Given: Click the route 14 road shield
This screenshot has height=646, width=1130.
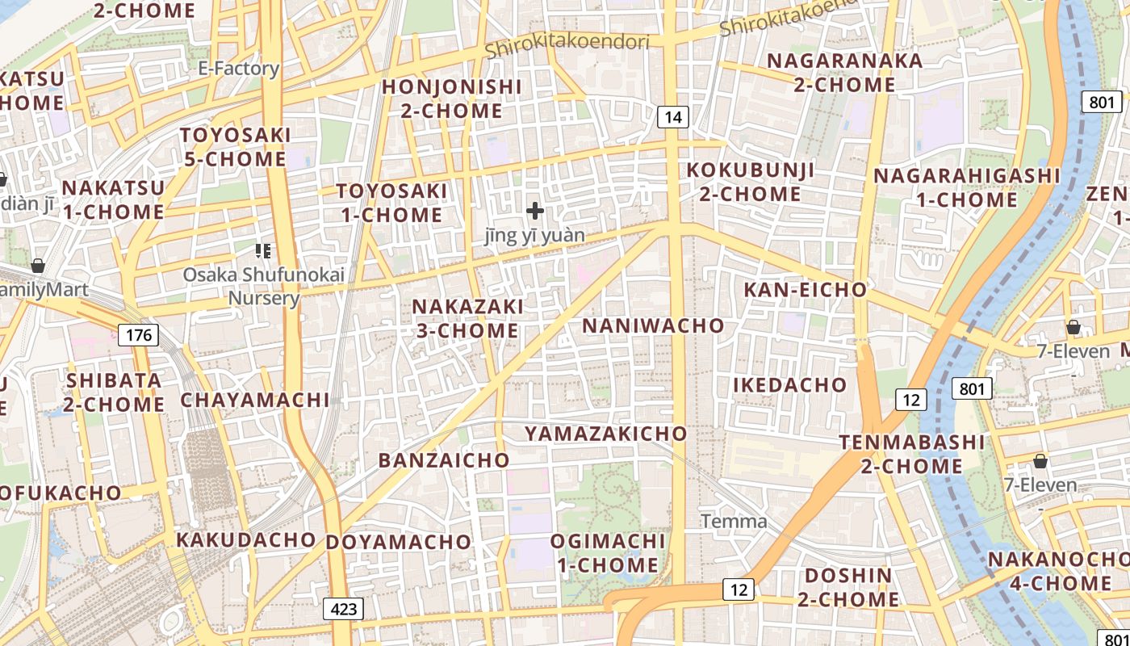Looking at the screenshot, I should [x=673, y=117].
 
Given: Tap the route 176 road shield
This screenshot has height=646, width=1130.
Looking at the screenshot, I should [x=138, y=334].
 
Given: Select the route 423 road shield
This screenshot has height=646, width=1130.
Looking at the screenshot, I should [x=344, y=608].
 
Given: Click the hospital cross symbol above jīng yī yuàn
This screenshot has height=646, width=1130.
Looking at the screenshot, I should [x=534, y=212].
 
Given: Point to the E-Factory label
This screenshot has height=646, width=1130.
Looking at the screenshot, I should [x=239, y=69].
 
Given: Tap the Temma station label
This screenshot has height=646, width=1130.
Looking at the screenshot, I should [x=733, y=522].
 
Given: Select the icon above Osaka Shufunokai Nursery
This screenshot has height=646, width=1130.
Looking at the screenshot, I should [x=262, y=251].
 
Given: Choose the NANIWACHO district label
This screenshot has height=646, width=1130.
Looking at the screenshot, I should [x=653, y=325].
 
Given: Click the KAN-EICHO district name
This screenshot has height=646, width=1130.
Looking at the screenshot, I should [x=805, y=290].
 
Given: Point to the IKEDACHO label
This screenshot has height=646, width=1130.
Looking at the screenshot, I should [x=789, y=385].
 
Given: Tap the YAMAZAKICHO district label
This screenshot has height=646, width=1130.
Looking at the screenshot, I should [x=605, y=434].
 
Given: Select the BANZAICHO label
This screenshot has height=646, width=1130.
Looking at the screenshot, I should [x=444, y=460].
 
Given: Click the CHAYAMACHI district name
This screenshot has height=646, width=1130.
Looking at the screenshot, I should [x=255, y=400].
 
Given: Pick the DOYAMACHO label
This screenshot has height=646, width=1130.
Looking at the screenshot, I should [x=398, y=542].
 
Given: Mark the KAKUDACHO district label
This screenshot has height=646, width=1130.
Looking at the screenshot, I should [x=246, y=539].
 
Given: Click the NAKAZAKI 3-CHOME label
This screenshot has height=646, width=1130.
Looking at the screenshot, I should [x=467, y=318].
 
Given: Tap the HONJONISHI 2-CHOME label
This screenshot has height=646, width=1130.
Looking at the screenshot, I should [x=452, y=98].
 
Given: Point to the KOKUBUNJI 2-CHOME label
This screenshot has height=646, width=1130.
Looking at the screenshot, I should [x=750, y=182].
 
